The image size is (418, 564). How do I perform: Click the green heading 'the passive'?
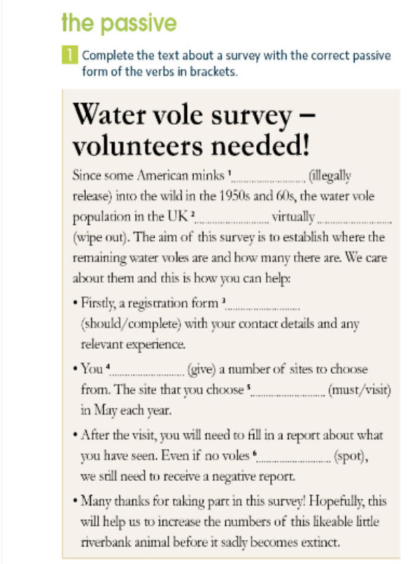tap(118, 23)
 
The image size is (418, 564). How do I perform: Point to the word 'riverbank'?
tap(107, 544)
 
